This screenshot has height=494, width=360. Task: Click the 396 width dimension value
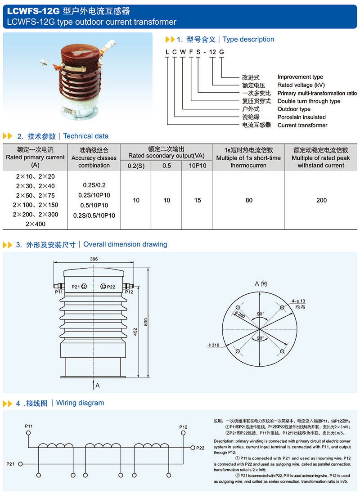click(x=94, y=259)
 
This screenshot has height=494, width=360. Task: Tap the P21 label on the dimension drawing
click(x=76, y=287)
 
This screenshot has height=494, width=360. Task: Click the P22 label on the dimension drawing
click(x=111, y=287)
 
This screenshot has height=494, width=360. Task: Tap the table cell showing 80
click(x=249, y=200)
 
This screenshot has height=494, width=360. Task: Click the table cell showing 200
click(x=321, y=200)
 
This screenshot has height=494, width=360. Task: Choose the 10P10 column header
click(x=198, y=166)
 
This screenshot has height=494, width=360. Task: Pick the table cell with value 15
click(x=198, y=200)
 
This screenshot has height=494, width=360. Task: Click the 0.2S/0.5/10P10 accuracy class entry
click(x=94, y=216)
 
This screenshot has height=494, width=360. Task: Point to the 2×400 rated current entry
click(x=36, y=224)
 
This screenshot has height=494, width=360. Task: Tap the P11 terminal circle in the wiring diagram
click(x=29, y=433)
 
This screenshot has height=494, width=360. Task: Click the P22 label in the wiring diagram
click(x=200, y=448)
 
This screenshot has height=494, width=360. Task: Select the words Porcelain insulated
click(x=301, y=117)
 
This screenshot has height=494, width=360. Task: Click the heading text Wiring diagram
click(x=80, y=403)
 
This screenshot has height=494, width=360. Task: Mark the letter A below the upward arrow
click(x=97, y=385)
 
